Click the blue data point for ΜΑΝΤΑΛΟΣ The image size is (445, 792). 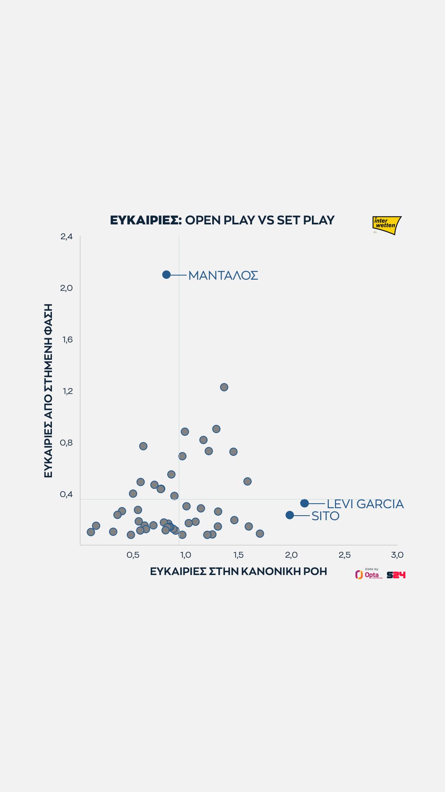coord(166,275)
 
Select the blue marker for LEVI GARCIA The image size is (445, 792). coord(304,503)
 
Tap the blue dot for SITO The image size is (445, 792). coord(290,515)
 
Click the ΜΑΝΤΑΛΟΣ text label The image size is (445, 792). coord(223,276)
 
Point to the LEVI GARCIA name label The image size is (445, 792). coord(365,504)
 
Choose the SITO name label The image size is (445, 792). coord(325,516)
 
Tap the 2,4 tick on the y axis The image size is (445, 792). coord(66,236)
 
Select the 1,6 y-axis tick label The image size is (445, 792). coord(67,339)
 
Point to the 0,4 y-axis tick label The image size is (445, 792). coord(66,494)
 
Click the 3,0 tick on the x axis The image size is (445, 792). coord(397,555)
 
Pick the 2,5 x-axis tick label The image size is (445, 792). coord(344,555)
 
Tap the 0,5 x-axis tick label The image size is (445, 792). coord(133,555)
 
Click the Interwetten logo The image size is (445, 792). coord(386,225)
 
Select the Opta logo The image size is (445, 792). coord(368,574)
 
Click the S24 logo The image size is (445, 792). coord(396,575)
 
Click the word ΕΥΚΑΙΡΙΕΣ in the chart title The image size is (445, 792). coord(145,220)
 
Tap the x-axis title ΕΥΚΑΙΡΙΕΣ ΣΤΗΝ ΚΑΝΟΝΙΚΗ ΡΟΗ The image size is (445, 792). coord(238,572)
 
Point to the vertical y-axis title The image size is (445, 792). coord(48,391)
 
